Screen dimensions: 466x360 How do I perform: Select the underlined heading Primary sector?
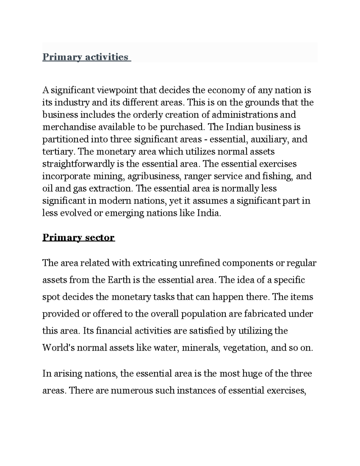[79, 237]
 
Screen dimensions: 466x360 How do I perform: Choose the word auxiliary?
[270, 140]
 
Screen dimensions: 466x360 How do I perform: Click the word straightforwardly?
[79, 164]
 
